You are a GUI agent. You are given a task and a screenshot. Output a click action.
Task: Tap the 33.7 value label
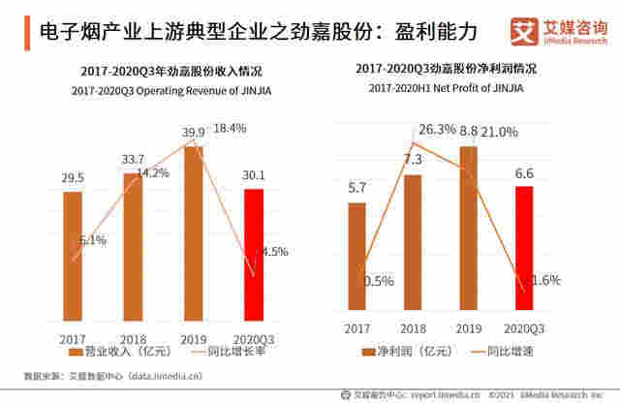(132, 159)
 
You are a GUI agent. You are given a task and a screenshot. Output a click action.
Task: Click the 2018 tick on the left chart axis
(134, 338)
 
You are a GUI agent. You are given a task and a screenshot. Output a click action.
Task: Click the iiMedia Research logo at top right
(553, 33)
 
